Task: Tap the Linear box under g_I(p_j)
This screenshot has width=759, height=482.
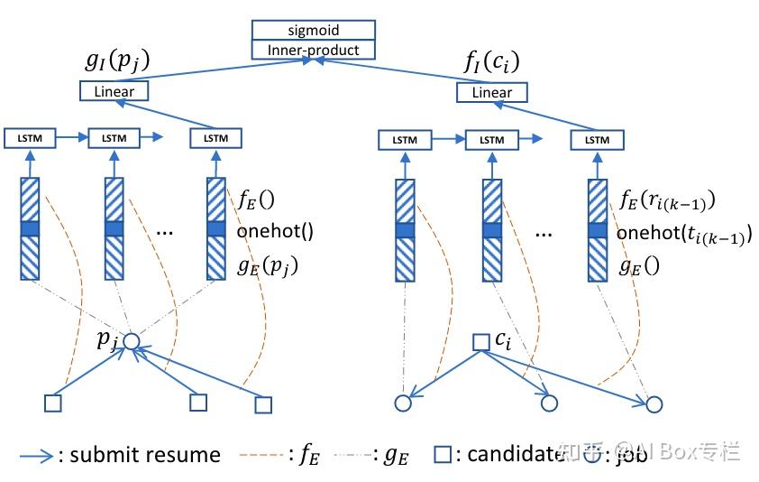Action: (x=114, y=91)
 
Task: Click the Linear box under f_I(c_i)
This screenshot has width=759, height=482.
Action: (x=491, y=92)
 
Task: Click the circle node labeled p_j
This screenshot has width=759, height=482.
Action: (x=132, y=342)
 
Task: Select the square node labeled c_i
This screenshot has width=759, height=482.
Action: (x=480, y=342)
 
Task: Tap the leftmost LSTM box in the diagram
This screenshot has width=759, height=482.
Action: (x=29, y=138)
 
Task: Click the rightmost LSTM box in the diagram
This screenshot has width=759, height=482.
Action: (x=597, y=140)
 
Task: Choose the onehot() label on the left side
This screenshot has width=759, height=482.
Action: (x=275, y=230)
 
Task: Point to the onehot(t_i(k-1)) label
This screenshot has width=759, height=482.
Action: (x=683, y=234)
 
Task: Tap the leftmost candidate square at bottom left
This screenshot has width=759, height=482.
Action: (x=53, y=403)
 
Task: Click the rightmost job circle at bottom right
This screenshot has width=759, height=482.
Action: (x=654, y=403)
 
